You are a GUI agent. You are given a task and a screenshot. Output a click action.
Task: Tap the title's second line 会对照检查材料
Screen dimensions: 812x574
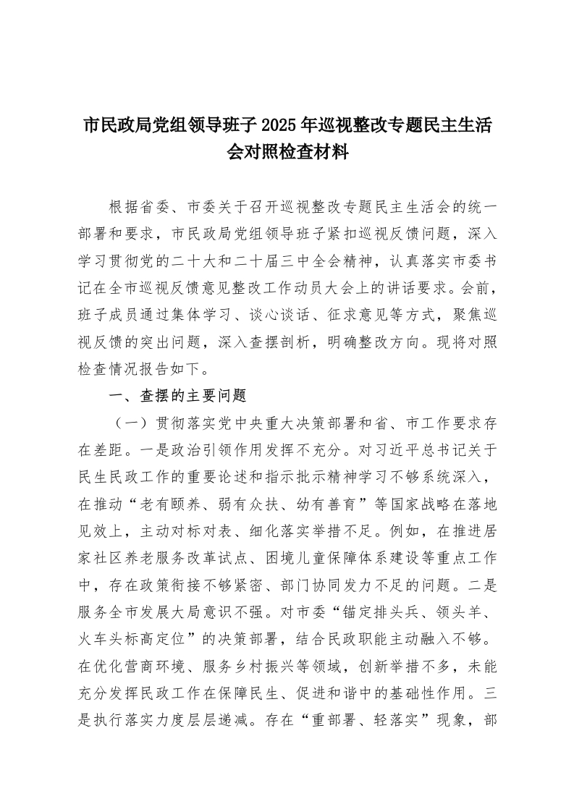(287, 153)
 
